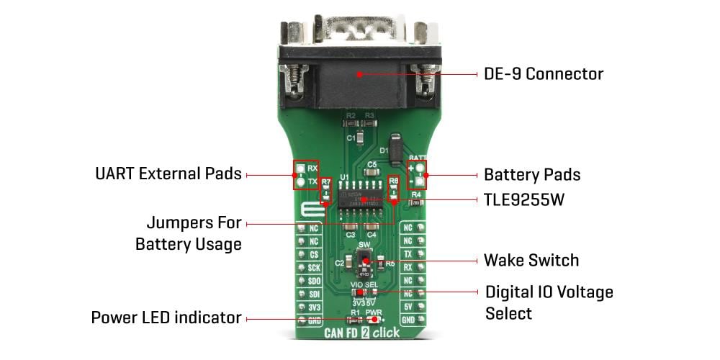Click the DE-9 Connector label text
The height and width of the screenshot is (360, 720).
tap(543, 74)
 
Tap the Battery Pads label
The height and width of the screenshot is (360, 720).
tap(531, 175)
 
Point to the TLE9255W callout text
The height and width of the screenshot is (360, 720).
tap(523, 199)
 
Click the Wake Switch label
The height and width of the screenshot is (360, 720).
tap(531, 259)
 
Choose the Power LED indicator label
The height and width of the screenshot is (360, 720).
tap(166, 318)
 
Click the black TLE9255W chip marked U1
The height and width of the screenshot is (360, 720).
tap(360, 199)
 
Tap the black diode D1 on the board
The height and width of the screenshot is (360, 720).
tap(395, 146)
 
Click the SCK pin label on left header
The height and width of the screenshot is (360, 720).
tap(313, 267)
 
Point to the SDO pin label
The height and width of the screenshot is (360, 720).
tap(313, 280)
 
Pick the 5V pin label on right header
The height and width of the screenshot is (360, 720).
tap(408, 306)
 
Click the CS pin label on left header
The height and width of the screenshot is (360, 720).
tap(313, 254)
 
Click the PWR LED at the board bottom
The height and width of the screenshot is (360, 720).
tap(374, 320)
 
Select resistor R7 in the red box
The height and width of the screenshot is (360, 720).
tap(326, 190)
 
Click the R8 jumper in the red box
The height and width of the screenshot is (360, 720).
tap(393, 190)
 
